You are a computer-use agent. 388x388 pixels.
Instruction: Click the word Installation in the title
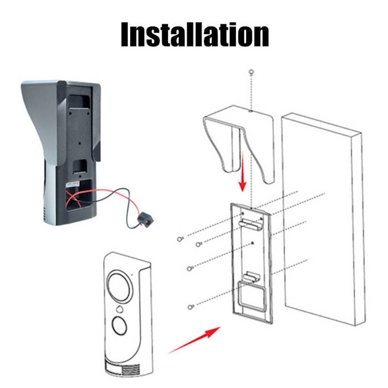(x=195, y=34)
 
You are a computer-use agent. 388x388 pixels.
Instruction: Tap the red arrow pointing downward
(x=243, y=172)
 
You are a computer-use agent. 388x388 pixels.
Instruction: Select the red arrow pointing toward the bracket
(x=194, y=340)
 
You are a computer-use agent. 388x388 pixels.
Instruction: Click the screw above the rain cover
(x=252, y=72)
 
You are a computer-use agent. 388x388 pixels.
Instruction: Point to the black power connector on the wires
(x=146, y=219)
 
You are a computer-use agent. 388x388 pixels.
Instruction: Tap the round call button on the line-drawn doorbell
(x=120, y=325)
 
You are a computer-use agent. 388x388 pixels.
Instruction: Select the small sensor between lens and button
(x=120, y=309)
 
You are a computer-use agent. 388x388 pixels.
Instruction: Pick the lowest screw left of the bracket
(x=190, y=307)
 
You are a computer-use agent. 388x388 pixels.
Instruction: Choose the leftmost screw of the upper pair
(x=180, y=239)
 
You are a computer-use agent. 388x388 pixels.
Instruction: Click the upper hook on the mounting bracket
(x=250, y=224)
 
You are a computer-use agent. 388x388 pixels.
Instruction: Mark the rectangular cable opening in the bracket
(x=251, y=296)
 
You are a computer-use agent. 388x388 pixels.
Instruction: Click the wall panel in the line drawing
(x=323, y=219)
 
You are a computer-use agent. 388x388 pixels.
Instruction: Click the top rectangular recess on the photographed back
(x=79, y=101)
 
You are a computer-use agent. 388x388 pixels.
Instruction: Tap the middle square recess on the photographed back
(x=80, y=166)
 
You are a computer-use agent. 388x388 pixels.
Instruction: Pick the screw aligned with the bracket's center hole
(x=190, y=268)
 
